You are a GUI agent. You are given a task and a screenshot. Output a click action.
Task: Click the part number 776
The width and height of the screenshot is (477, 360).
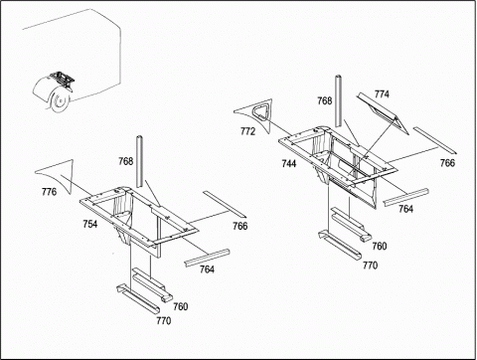pos(49,192)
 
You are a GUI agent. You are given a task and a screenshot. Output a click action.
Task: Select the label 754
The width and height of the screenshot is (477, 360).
pos(90,224)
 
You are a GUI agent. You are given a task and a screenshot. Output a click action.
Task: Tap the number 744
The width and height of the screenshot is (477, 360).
pos(289,163)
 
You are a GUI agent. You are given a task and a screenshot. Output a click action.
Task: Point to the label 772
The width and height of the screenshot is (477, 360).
pos(247,131)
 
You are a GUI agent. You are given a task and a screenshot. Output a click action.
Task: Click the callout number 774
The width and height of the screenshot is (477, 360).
pos(382,94)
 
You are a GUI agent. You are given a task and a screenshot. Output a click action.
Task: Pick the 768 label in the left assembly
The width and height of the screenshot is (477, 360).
pos(126,161)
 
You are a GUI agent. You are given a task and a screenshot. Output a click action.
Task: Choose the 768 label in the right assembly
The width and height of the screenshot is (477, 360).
pos(325,100)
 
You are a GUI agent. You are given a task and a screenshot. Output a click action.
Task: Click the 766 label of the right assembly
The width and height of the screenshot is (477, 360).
pos(447,163)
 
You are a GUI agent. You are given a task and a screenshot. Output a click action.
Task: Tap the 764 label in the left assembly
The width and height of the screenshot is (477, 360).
pos(207,270)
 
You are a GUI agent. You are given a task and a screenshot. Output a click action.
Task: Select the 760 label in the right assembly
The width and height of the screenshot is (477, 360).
pos(380,246)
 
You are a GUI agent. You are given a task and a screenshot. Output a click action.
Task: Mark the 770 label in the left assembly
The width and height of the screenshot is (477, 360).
pos(164,320)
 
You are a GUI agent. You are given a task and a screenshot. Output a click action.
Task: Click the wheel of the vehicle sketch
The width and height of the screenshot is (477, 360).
pos(60,99)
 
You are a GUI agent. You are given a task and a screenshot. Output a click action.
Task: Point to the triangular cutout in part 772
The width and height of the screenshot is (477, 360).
pos(262,111)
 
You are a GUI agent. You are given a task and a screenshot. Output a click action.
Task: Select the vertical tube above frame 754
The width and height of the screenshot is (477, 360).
pos(139,161)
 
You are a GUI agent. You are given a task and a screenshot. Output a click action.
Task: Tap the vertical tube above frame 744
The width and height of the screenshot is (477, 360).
pos(338,100)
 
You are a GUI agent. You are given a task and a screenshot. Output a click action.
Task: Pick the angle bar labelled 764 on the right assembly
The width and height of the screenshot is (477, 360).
pos(406,197)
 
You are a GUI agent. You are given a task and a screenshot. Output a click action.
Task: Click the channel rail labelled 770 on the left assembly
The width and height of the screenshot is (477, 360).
pos(138,298)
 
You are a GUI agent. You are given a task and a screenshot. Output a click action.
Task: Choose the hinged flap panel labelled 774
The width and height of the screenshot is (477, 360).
pos(385,114)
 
